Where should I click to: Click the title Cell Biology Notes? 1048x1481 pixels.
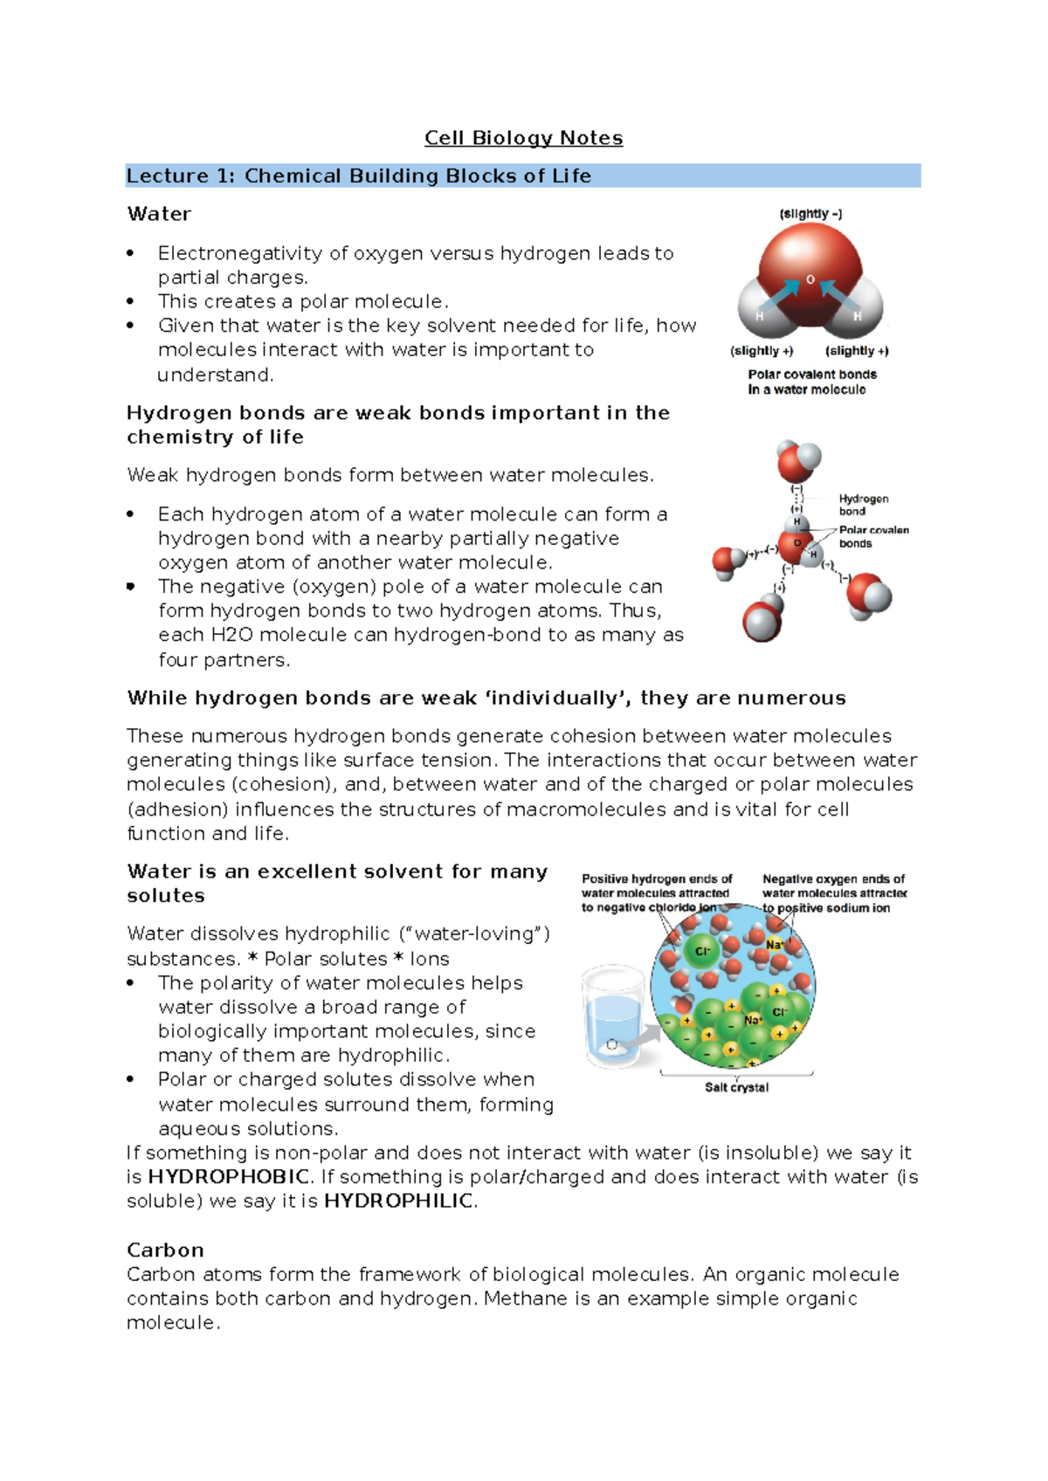[523, 138]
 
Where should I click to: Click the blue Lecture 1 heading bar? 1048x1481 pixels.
[522, 176]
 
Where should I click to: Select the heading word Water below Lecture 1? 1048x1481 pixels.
[159, 214]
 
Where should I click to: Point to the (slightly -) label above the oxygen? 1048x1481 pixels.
[810, 214]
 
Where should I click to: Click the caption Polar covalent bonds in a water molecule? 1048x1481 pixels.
[811, 382]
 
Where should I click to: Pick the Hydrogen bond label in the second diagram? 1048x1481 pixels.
[863, 505]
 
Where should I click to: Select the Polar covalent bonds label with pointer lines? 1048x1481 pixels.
[872, 536]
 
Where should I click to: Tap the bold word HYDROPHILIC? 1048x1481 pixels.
[398, 1201]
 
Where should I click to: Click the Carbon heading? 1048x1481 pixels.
[165, 1250]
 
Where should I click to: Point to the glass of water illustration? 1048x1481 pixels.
[615, 1017]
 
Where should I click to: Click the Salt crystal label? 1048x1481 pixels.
[736, 1087]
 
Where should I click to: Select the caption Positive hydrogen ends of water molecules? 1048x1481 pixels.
[657, 892]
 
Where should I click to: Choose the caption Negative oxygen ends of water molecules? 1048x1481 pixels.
[834, 892]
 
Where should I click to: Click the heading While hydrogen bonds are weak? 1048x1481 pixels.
[486, 698]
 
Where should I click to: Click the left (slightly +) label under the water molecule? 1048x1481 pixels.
[761, 351]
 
